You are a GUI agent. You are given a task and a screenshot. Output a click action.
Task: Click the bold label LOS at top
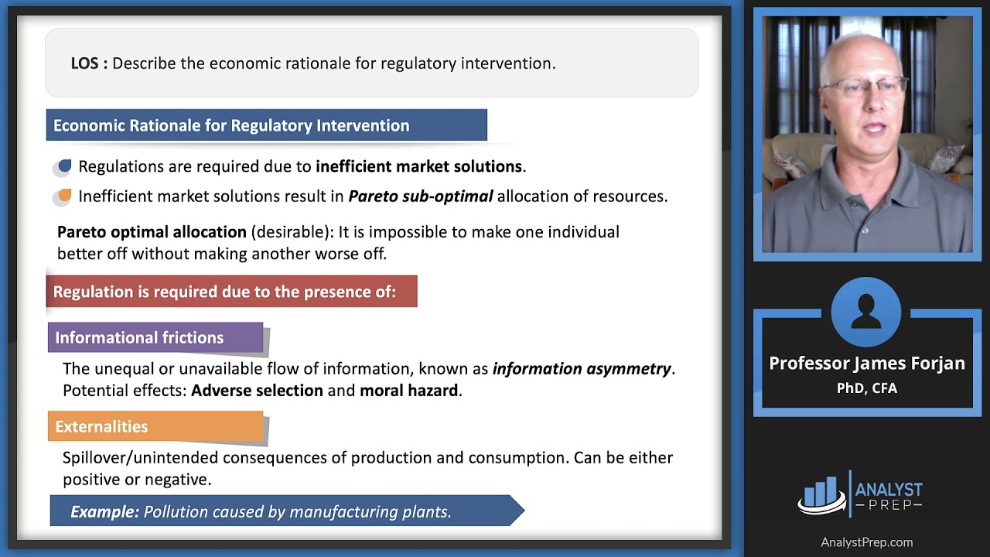click(x=88, y=63)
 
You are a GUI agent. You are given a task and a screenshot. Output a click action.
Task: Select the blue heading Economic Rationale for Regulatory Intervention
click(x=231, y=125)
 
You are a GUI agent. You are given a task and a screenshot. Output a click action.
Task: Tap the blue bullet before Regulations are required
click(x=64, y=166)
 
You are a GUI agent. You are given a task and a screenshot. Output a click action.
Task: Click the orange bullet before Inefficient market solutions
click(x=64, y=196)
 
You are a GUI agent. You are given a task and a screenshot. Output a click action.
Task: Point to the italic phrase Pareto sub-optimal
click(x=420, y=196)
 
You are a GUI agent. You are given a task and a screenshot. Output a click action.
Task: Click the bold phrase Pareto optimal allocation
click(x=152, y=232)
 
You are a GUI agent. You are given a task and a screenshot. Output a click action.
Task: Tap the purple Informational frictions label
click(x=139, y=337)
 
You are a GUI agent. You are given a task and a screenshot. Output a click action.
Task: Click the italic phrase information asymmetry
click(x=582, y=369)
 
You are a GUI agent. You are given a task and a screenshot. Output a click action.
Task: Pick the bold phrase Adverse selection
click(x=257, y=391)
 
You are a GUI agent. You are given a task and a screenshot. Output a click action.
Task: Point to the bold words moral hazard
click(x=408, y=391)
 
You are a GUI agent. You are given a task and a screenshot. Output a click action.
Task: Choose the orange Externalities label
click(x=101, y=426)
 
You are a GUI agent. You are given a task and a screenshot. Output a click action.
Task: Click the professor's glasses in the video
click(x=865, y=87)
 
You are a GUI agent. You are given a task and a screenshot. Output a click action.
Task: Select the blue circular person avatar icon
click(x=866, y=313)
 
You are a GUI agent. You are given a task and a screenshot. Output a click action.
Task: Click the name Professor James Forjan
click(x=866, y=364)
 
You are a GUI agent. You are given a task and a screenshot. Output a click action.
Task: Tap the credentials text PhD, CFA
click(x=866, y=388)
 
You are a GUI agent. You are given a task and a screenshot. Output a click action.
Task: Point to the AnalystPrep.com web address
click(x=866, y=542)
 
